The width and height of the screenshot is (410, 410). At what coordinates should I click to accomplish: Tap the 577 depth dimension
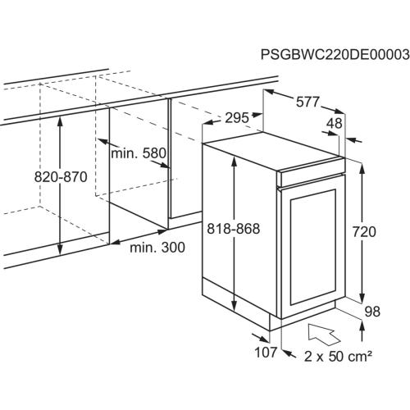coord(307,102)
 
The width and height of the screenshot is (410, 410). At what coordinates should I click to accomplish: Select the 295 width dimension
coord(237,118)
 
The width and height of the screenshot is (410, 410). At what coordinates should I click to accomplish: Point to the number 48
coord(335,123)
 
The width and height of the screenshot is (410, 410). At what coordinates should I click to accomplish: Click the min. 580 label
coord(139,153)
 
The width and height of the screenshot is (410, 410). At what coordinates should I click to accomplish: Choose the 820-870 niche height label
coord(61,177)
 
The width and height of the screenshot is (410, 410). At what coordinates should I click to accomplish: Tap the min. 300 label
coord(157,248)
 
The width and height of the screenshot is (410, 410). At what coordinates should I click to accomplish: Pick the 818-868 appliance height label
coord(233,229)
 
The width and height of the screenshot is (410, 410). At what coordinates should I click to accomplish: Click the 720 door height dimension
coord(364,232)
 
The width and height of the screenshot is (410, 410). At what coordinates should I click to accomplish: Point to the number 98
coord(372,311)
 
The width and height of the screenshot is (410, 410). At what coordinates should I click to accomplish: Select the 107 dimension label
coord(266,352)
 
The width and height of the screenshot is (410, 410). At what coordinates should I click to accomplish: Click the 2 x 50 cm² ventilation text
coord(338,356)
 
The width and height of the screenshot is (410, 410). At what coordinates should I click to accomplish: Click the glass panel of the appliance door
coord(313,248)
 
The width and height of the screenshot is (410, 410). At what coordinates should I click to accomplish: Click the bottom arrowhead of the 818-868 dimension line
coord(234,305)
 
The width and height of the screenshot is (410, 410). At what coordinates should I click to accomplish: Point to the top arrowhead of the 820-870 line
coord(60,121)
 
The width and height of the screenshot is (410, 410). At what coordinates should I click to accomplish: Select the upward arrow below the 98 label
coord(362,331)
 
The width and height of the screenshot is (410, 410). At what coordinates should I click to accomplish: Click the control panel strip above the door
coord(312,172)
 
